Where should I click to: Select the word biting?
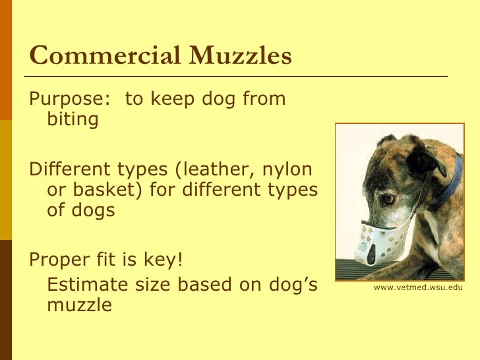[x=73, y=120]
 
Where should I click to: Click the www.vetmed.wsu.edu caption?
[x=418, y=288]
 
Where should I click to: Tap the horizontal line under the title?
[x=237, y=76]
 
